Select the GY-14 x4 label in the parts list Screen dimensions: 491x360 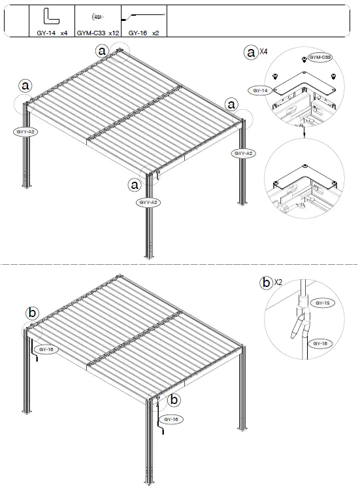click(53, 31)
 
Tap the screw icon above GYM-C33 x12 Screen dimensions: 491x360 click(96, 16)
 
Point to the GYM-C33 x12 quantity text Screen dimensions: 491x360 click(97, 31)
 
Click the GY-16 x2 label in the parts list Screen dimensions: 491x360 click(144, 31)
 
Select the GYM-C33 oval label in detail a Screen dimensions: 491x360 click(319, 58)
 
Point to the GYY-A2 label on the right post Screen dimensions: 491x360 click(242, 153)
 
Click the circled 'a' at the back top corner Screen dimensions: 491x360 click(102, 50)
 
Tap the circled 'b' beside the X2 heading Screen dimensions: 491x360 click(266, 283)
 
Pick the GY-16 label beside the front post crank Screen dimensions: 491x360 click(172, 418)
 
